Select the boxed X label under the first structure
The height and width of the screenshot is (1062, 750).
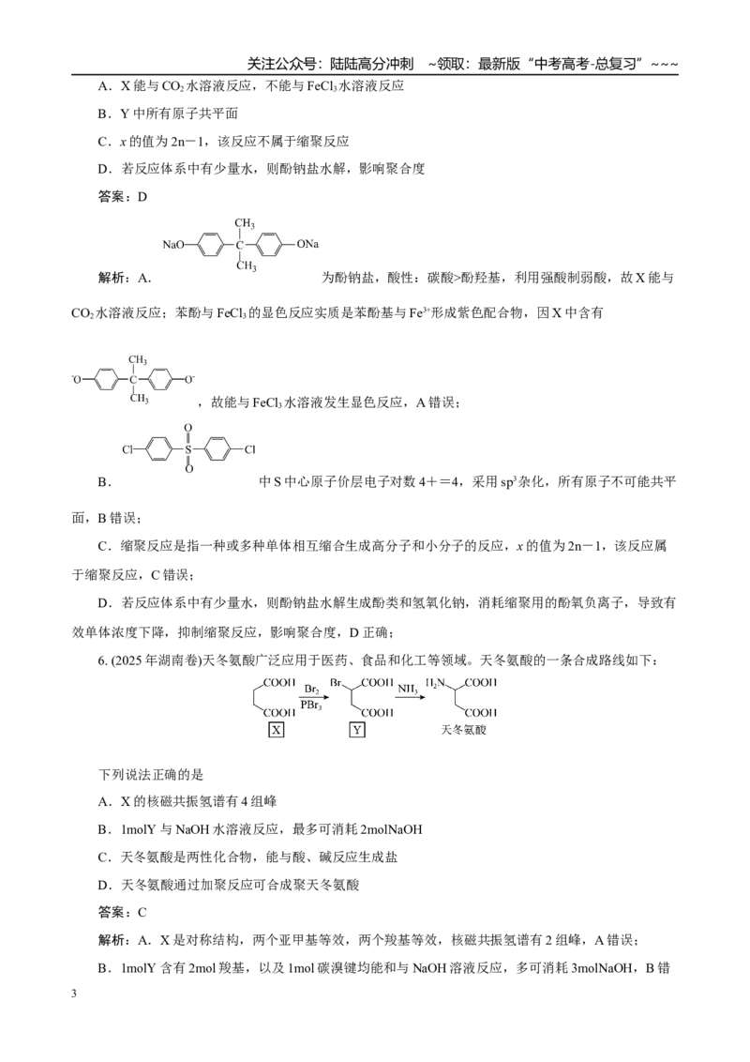click(x=277, y=730)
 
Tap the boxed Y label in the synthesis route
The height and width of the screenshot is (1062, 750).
click(x=357, y=730)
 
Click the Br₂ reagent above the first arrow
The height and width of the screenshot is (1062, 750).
click(x=312, y=690)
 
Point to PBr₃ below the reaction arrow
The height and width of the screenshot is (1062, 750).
click(x=311, y=705)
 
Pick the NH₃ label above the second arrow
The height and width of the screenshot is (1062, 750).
click(x=408, y=690)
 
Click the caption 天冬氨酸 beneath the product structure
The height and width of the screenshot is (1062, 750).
click(x=464, y=730)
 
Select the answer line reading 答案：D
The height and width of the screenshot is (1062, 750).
click(x=123, y=197)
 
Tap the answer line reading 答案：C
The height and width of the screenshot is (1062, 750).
click(x=123, y=912)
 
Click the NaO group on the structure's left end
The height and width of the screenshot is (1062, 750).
click(x=173, y=245)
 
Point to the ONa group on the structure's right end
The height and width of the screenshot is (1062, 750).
click(x=307, y=244)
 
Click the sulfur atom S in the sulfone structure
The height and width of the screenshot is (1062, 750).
click(x=188, y=449)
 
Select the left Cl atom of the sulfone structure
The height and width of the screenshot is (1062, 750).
click(x=127, y=449)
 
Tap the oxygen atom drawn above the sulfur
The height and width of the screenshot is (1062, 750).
click(x=188, y=428)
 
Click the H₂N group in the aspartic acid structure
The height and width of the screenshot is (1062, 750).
click(x=435, y=683)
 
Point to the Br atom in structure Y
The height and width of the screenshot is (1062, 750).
click(x=336, y=683)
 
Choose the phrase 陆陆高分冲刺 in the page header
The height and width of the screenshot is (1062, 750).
click(x=371, y=64)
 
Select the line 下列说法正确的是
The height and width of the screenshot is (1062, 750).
click(x=151, y=774)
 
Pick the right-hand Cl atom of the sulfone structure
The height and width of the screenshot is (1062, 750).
click(x=249, y=449)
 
